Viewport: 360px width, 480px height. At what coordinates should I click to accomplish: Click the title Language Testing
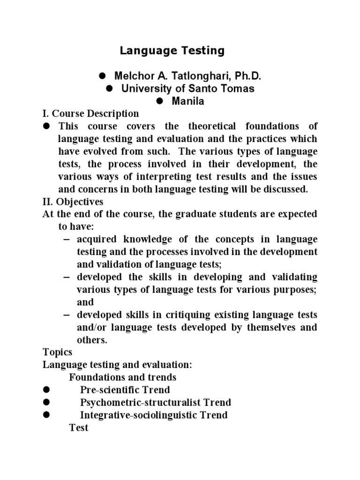pos(172,51)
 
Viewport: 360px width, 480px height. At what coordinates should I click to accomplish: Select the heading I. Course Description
pos(91,113)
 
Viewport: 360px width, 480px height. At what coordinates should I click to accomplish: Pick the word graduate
pos(199,214)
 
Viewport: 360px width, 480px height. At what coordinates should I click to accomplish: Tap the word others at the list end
pos(92,340)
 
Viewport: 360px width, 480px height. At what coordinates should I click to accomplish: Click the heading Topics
pos(58,352)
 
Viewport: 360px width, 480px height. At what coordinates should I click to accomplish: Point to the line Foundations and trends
pos(123,377)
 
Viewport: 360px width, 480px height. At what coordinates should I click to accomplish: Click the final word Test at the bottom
pos(79,427)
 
